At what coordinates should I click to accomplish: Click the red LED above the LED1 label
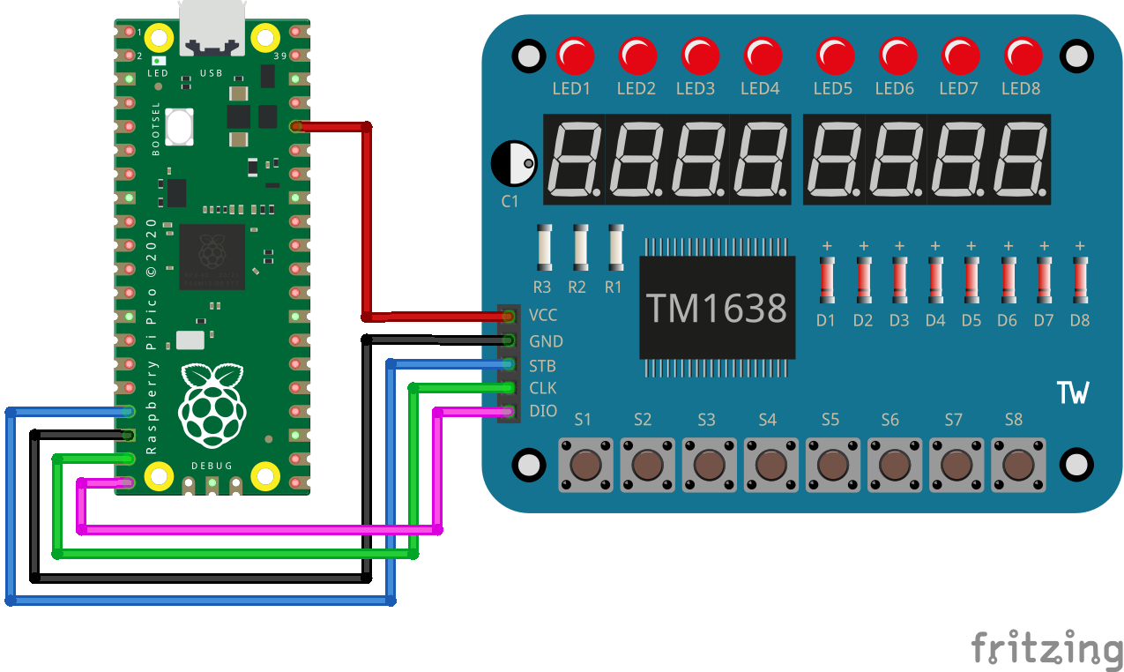tap(575, 56)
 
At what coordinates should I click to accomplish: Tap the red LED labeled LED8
tap(1024, 56)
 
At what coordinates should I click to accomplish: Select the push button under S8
tap(1018, 463)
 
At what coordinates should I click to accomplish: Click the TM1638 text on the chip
tap(717, 308)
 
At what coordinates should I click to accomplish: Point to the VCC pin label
tap(543, 315)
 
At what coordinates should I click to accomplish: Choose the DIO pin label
tap(543, 411)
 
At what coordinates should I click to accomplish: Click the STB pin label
tap(542, 366)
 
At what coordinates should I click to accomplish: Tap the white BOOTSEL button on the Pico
tap(179, 126)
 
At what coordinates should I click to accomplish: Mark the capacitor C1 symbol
tap(514, 164)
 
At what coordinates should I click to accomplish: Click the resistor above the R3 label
tap(544, 248)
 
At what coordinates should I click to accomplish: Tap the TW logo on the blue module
tap(1072, 392)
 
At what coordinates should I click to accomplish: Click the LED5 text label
tap(832, 88)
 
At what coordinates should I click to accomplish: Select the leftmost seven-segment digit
tap(574, 160)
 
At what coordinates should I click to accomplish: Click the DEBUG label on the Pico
tap(212, 465)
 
